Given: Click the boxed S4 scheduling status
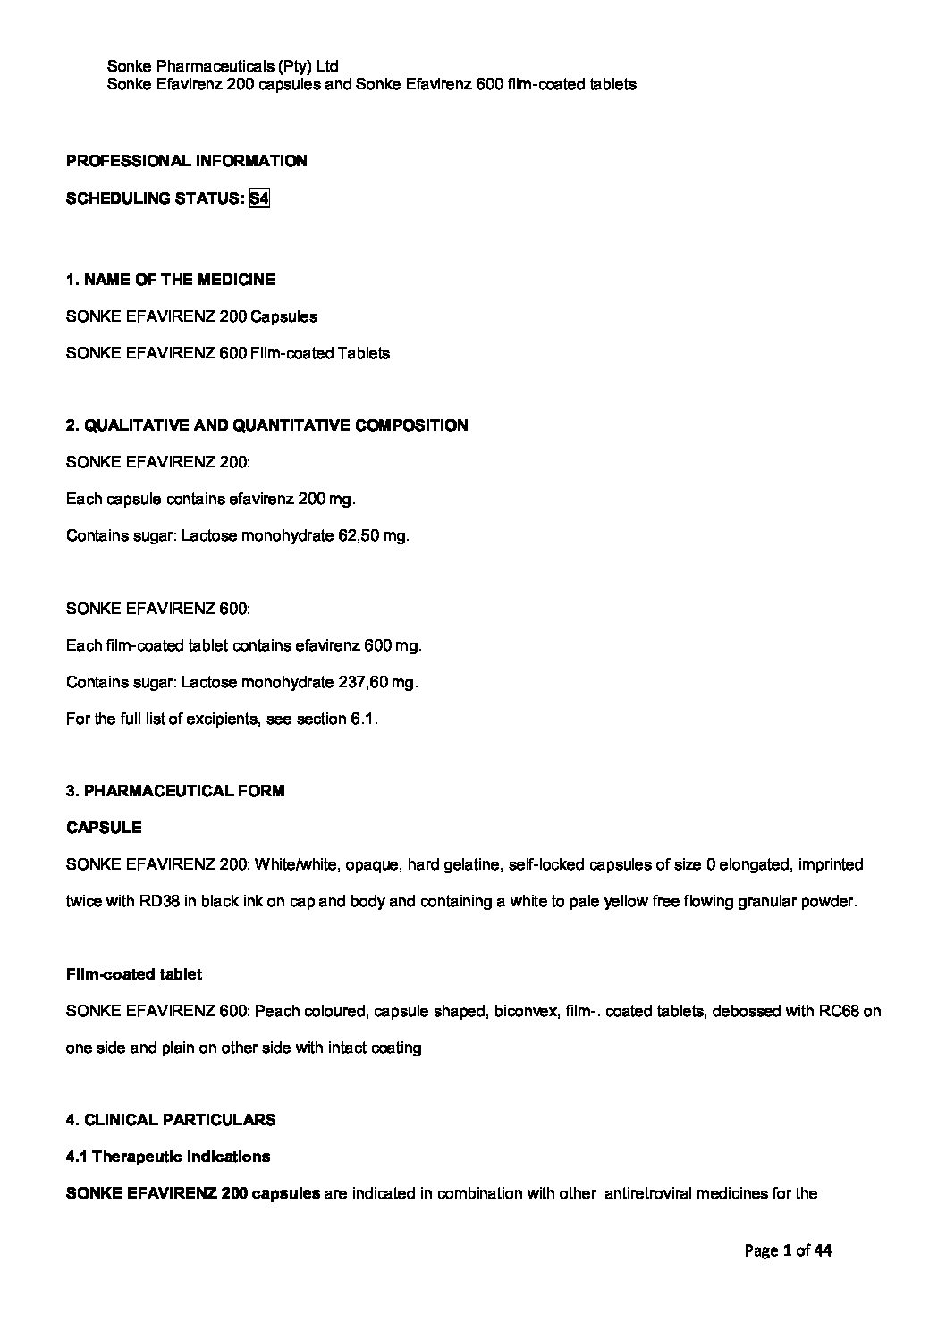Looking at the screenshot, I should pyautogui.click(x=258, y=198).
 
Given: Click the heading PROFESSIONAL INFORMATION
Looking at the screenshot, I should pyautogui.click(x=186, y=161).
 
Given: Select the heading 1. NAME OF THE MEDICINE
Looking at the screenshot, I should pyautogui.click(x=170, y=280).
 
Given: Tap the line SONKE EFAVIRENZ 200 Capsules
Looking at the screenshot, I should pyautogui.click(x=191, y=316).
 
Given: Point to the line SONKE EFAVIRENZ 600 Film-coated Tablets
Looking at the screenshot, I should pyautogui.click(x=228, y=353).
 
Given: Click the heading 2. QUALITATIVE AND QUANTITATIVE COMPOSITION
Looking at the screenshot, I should pyautogui.click(x=266, y=425).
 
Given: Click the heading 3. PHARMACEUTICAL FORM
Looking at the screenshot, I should pyautogui.click(x=175, y=791).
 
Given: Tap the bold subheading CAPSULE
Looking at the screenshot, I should pyautogui.click(x=104, y=828).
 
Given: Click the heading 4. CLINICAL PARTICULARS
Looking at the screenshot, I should pyautogui.click(x=171, y=1120).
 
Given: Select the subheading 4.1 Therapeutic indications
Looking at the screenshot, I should pyautogui.click(x=168, y=1157).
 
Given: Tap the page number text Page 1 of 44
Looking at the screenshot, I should pyautogui.click(x=788, y=1250).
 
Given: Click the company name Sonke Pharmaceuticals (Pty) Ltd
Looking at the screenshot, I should pyautogui.click(x=222, y=66).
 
